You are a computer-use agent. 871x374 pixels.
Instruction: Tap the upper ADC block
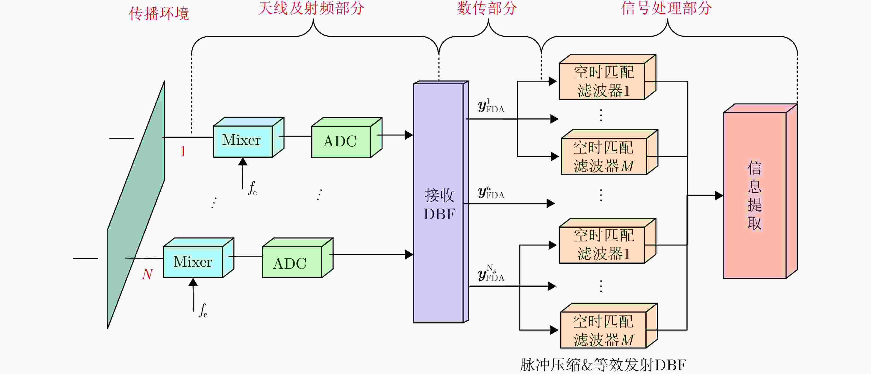[x=341, y=141]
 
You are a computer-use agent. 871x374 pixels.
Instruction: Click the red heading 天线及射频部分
[x=311, y=8]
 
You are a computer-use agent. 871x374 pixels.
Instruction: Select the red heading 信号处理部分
[x=666, y=8]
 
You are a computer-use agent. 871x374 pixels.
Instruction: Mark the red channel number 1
[x=182, y=151]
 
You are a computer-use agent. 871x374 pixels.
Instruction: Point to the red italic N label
[x=147, y=274]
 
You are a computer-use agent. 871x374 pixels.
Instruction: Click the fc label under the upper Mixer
[x=253, y=188]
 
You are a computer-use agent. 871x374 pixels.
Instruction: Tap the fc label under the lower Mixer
[x=203, y=310]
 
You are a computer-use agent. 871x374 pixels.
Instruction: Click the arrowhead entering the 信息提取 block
[x=719, y=195]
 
